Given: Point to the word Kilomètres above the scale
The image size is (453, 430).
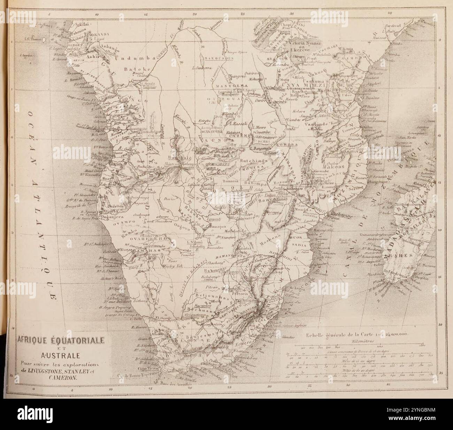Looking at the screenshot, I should coord(362,341).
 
